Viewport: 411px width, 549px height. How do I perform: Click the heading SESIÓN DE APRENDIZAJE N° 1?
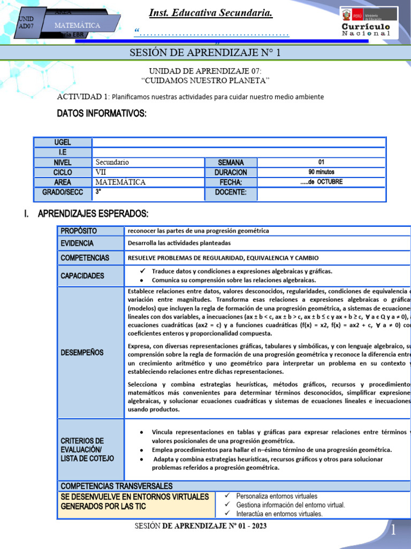point(205,53)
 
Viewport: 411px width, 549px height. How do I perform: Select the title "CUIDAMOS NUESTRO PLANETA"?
point(205,80)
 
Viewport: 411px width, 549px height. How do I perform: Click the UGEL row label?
point(62,143)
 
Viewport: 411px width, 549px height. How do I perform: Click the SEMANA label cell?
point(231,162)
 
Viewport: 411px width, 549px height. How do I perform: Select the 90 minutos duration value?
point(321,172)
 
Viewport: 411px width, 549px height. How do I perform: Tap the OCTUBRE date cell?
point(321,182)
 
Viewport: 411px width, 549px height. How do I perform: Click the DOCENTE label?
point(231,192)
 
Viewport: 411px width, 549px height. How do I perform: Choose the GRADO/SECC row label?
point(62,192)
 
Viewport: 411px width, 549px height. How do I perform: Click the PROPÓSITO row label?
point(79,231)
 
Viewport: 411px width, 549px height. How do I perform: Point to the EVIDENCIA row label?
point(77,243)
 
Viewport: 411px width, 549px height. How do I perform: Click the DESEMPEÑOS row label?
point(82,353)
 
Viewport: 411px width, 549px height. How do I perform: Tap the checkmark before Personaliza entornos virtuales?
point(227,496)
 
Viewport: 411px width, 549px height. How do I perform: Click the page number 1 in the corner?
point(393,531)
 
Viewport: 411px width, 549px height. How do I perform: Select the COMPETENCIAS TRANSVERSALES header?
point(117,486)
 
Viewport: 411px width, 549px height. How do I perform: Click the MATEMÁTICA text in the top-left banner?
point(77,25)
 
